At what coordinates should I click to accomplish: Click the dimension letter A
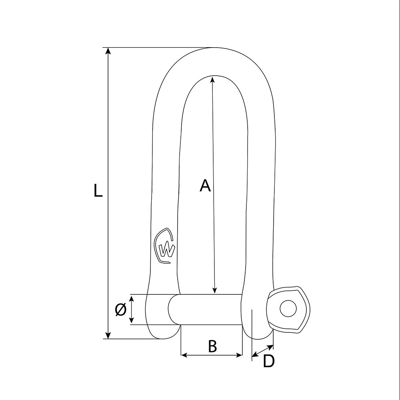[205, 186]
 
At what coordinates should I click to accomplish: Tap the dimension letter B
[212, 346]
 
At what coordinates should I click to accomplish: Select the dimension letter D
[269, 362]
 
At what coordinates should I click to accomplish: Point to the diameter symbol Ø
[120, 310]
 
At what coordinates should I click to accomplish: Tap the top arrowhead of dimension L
[108, 51]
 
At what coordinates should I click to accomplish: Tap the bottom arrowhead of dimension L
[108, 335]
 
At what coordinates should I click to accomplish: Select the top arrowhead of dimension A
[212, 79]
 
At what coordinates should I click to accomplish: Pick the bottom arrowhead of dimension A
[215, 291]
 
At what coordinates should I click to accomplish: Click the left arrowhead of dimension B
[184, 355]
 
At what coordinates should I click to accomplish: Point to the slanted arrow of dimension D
[262, 350]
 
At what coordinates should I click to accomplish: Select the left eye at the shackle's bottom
[160, 316]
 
